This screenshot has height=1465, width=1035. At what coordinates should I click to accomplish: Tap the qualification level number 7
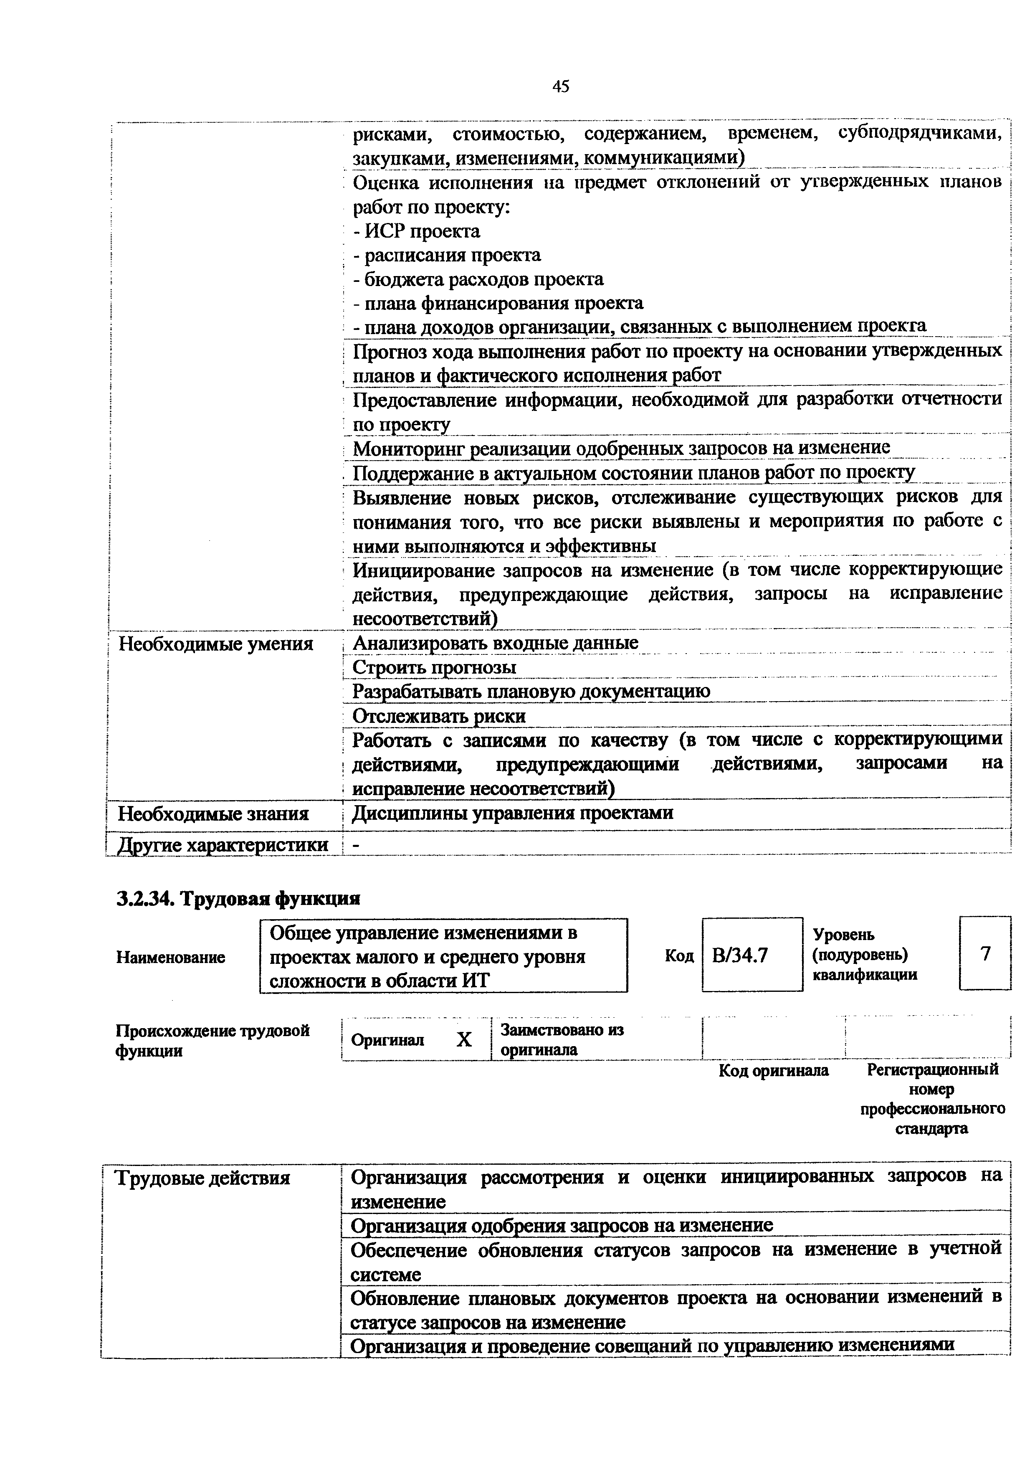[x=985, y=953]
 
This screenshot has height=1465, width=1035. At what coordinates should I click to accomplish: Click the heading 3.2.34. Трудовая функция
[x=238, y=898]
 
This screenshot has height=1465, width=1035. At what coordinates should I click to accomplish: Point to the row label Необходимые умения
[x=216, y=644]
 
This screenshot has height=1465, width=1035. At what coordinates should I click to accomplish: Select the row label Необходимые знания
[x=214, y=814]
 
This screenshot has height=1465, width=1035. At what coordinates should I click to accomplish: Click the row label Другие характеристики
[x=223, y=845]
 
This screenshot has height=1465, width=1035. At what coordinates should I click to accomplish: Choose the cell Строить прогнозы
[x=434, y=667]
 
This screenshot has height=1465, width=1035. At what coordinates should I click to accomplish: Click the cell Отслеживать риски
[x=439, y=716]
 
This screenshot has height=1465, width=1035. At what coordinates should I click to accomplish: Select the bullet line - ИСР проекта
[x=416, y=231]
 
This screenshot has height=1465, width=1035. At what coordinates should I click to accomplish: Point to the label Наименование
[x=170, y=957]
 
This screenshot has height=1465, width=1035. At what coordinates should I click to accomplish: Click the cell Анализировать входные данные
[x=496, y=643]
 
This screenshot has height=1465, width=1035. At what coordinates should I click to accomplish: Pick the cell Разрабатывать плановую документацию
[x=531, y=692]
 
